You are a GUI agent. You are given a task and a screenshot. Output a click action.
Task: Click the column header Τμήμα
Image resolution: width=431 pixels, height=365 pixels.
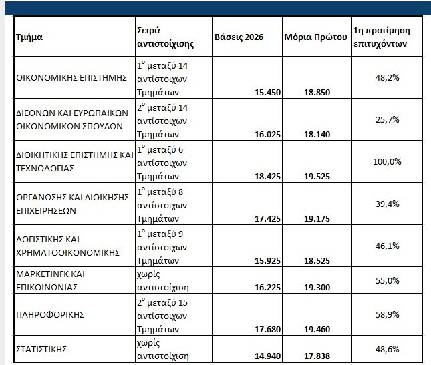pyautogui.click(x=29, y=37)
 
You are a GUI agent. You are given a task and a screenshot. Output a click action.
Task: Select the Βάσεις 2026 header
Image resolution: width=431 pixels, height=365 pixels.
pyautogui.click(x=239, y=37)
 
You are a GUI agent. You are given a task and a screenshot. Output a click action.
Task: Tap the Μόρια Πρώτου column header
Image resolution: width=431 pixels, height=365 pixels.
pyautogui.click(x=315, y=37)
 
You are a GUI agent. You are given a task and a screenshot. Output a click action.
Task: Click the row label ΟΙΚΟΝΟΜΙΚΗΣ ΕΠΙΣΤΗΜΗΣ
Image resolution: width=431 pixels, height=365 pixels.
pyautogui.click(x=71, y=77)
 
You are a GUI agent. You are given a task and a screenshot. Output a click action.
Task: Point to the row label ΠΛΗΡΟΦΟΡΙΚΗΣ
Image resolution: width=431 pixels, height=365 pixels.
pyautogui.click(x=50, y=314)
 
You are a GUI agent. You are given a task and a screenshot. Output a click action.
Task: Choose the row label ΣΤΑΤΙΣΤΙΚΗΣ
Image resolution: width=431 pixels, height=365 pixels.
pyautogui.click(x=41, y=350)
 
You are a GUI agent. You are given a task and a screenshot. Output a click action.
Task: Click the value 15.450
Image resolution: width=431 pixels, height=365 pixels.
pyautogui.click(x=267, y=93)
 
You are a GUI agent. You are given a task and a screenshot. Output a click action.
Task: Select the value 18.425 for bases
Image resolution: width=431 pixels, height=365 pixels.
pyautogui.click(x=267, y=176)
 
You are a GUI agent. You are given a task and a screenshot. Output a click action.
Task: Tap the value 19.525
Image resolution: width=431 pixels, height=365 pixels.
pyautogui.click(x=317, y=176)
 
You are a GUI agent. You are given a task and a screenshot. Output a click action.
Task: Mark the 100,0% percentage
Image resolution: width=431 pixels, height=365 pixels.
pyautogui.click(x=387, y=162)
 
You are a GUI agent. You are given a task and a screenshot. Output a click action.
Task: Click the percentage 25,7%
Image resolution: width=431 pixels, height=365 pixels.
pyautogui.click(x=388, y=120)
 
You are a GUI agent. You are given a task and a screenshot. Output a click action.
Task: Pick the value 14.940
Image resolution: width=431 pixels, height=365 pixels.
pyautogui.click(x=267, y=356)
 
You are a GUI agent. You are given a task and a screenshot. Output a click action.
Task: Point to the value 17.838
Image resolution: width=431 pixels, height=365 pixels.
pyautogui.click(x=317, y=356)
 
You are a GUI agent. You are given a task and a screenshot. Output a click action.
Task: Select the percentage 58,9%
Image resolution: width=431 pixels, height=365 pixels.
pyautogui.click(x=388, y=314)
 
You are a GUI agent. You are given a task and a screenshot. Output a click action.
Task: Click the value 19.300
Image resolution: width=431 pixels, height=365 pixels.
pyautogui.click(x=317, y=288)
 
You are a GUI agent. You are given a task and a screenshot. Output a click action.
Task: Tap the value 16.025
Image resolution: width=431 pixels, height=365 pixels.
pyautogui.click(x=267, y=135)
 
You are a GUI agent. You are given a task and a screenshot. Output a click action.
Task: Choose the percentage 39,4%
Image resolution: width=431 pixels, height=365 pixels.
pyautogui.click(x=388, y=204)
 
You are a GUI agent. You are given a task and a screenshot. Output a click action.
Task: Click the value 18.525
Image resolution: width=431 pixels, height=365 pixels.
pyautogui.click(x=317, y=260)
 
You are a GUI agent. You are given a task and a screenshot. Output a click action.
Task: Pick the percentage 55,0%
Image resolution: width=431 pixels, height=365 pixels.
pyautogui.click(x=388, y=280)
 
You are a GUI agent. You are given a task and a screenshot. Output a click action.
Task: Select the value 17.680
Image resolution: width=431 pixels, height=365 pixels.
pyautogui.click(x=267, y=330)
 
